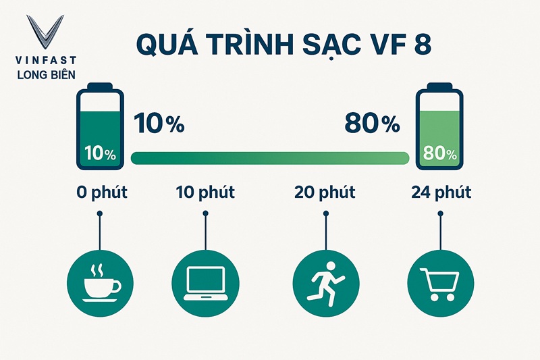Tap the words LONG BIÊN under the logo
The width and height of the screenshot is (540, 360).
point(45,74)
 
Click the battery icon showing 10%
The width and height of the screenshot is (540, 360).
point(101,126)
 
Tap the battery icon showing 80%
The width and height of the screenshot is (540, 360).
point(439,126)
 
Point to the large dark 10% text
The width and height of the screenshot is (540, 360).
point(159,124)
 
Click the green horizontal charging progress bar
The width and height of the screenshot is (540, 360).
point(270,158)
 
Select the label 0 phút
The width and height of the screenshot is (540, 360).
point(101,193)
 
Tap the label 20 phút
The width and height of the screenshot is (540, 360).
point(325,193)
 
